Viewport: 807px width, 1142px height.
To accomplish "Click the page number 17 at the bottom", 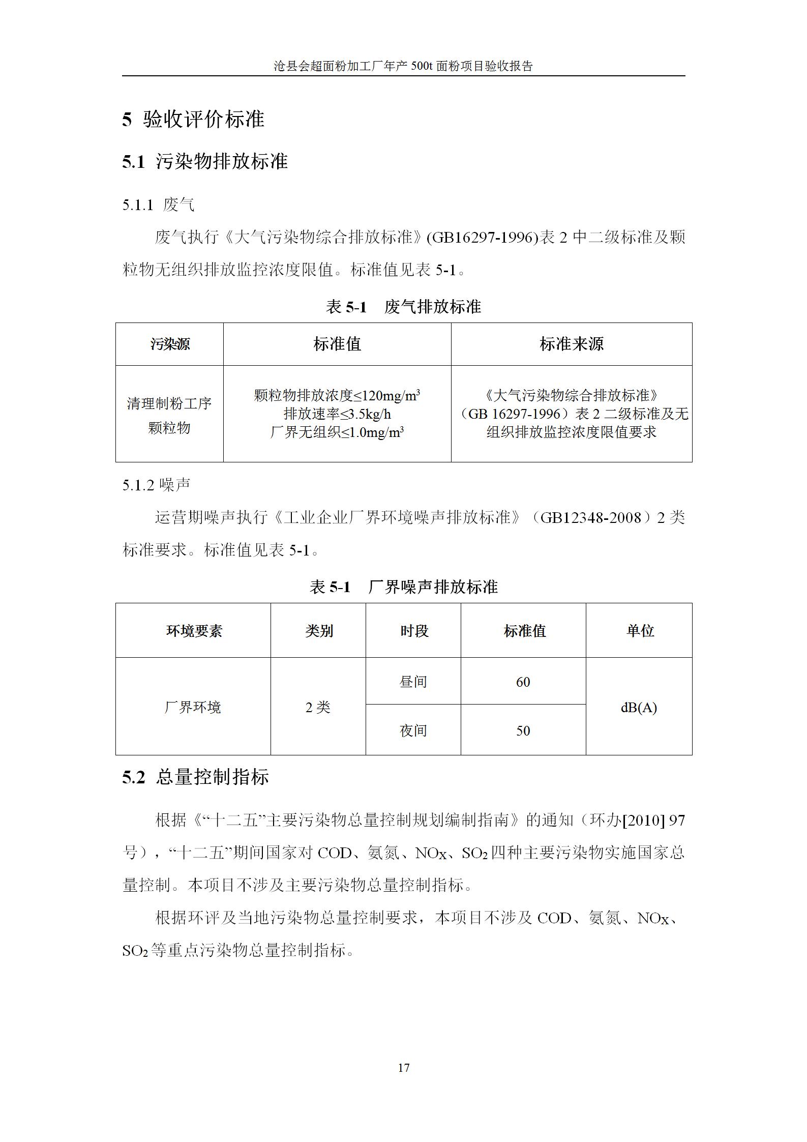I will point(403,1067).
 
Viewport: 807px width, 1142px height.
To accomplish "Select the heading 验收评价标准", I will point(203,120).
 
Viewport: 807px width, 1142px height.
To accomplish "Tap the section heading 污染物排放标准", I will point(222,161).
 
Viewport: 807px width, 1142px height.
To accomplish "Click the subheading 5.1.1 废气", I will point(158,205).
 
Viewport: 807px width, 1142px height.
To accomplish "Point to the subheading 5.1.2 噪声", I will point(156,485).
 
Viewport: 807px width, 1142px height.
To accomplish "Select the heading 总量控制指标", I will point(213,777).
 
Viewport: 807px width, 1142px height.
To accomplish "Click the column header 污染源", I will point(170,344).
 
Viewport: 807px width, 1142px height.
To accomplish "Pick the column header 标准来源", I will point(571,344).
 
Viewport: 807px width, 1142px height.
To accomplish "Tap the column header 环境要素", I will point(194,631).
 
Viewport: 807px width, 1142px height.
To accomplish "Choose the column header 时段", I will point(413,631).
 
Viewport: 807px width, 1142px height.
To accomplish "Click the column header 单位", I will point(639,631).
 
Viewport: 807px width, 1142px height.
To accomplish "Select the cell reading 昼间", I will point(413,682).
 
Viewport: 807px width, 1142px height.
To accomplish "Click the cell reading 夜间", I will point(413,730).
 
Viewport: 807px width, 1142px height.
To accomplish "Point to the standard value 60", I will point(523,682).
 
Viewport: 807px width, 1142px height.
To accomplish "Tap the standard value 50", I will point(523,730).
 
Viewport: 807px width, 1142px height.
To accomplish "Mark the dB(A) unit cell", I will point(639,707).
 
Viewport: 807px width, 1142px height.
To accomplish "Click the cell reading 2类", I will point(318,707).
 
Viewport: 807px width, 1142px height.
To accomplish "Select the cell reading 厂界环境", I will point(193,707).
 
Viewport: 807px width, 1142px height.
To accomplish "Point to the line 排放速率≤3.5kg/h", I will point(337,414).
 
